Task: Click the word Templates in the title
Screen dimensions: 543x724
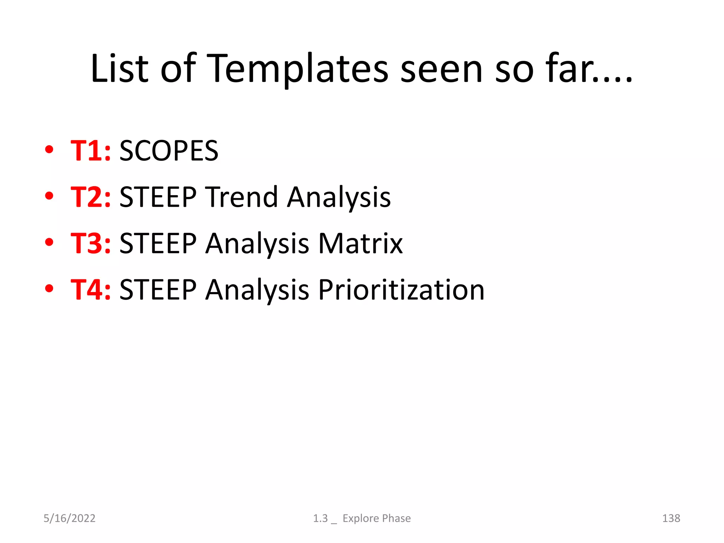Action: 299,69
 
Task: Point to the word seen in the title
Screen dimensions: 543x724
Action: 442,69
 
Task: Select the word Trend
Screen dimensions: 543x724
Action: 242,197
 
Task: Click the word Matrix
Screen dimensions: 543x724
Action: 361,244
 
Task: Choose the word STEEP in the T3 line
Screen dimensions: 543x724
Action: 158,244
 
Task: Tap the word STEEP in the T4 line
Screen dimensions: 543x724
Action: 158,290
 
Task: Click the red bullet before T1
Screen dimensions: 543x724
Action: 49,150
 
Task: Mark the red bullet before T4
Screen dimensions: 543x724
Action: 49,288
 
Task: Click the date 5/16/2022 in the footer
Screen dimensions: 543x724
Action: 69,518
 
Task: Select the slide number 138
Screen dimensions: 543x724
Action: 671,518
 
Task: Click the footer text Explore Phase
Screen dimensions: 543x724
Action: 376,518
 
